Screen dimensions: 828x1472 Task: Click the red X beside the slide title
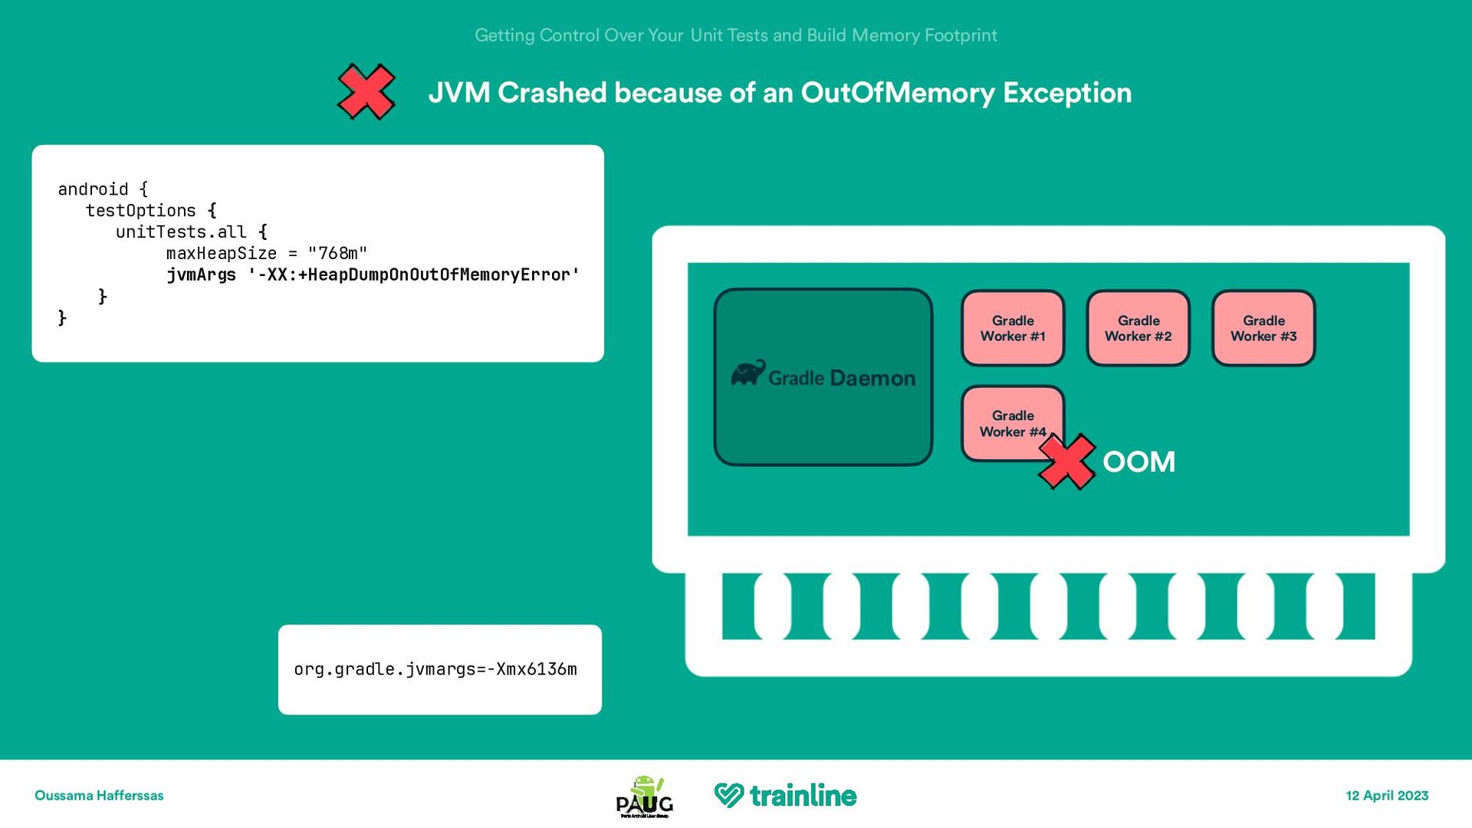(x=366, y=92)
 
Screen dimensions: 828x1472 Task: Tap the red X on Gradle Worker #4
(x=1066, y=462)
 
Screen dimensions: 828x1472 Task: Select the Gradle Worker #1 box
(x=1013, y=328)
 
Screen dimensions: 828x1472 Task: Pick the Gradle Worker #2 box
(x=1138, y=328)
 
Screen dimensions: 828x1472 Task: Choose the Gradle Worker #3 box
(x=1263, y=328)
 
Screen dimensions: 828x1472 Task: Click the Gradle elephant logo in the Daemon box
(x=747, y=373)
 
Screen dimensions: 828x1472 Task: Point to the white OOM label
(x=1138, y=462)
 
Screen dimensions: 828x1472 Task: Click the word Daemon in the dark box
(x=872, y=378)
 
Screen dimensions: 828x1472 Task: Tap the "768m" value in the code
(x=337, y=253)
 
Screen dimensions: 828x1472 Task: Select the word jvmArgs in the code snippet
(x=202, y=274)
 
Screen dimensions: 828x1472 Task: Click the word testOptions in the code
(x=141, y=210)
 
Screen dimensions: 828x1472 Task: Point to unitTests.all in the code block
(x=181, y=232)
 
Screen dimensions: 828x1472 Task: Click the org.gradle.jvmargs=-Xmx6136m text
(x=435, y=669)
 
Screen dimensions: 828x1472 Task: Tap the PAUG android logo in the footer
(x=645, y=797)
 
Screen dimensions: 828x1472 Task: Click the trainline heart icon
(x=728, y=795)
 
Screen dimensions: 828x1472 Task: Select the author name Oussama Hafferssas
(x=99, y=796)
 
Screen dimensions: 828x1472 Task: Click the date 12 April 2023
(x=1387, y=796)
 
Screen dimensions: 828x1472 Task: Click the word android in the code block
(x=93, y=189)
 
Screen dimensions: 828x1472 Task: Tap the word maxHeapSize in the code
(x=222, y=253)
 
